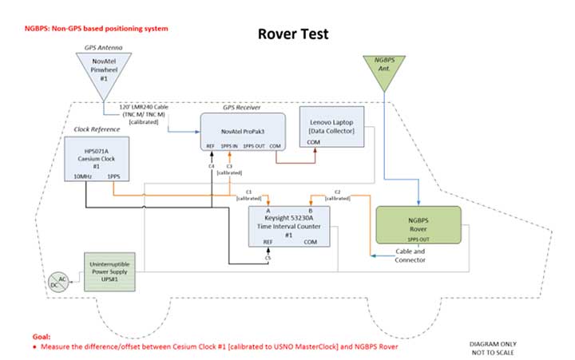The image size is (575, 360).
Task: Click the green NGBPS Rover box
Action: click(x=418, y=224)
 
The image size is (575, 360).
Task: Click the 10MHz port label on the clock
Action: click(x=82, y=176)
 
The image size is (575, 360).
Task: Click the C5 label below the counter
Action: click(x=269, y=257)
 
